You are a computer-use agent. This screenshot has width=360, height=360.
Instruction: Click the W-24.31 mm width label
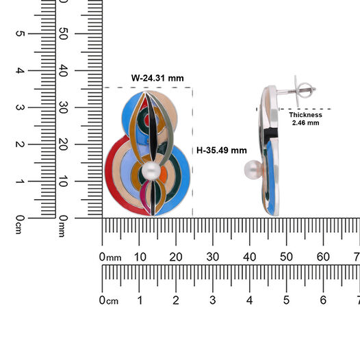pyautogui.click(x=157, y=78)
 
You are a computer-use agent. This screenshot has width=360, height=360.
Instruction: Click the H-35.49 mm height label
pyautogui.click(x=222, y=151)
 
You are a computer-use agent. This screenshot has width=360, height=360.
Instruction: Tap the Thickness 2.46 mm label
pyautogui.click(x=305, y=118)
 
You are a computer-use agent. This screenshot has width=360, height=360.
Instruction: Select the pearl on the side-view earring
pyautogui.click(x=253, y=170)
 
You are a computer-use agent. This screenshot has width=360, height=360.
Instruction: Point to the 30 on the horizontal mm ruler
pyautogui.click(x=213, y=257)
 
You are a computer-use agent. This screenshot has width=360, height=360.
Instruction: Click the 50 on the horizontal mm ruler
pyautogui.click(x=286, y=257)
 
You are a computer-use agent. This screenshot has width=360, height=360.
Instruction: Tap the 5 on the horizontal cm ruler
pyautogui.click(x=286, y=300)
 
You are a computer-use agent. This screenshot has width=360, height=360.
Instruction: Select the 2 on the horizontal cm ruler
pyautogui.click(x=176, y=300)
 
